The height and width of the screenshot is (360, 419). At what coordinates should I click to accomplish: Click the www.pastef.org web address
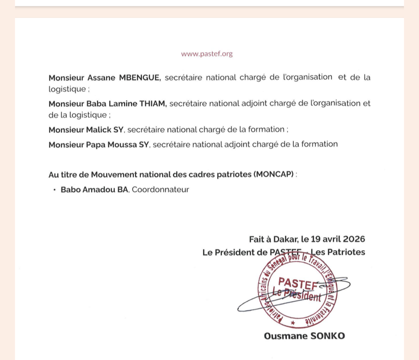pyautogui.click(x=206, y=54)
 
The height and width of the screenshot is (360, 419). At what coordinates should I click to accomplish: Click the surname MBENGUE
pyautogui.click(x=140, y=77)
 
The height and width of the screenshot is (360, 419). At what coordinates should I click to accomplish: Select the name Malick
pyautogui.click(x=101, y=129)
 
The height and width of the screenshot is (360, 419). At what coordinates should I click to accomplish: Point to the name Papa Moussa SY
pyautogui.click(x=98, y=144)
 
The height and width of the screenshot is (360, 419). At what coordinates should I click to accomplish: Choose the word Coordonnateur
pyautogui.click(x=161, y=189)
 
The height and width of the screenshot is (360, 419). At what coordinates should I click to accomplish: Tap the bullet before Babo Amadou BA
pyautogui.click(x=54, y=189)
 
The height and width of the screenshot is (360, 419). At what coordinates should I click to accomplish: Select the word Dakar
pyautogui.click(x=284, y=239)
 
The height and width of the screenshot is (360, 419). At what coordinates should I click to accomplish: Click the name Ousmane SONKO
pyautogui.click(x=304, y=336)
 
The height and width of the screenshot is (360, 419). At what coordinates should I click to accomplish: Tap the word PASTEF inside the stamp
pyautogui.click(x=298, y=282)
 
